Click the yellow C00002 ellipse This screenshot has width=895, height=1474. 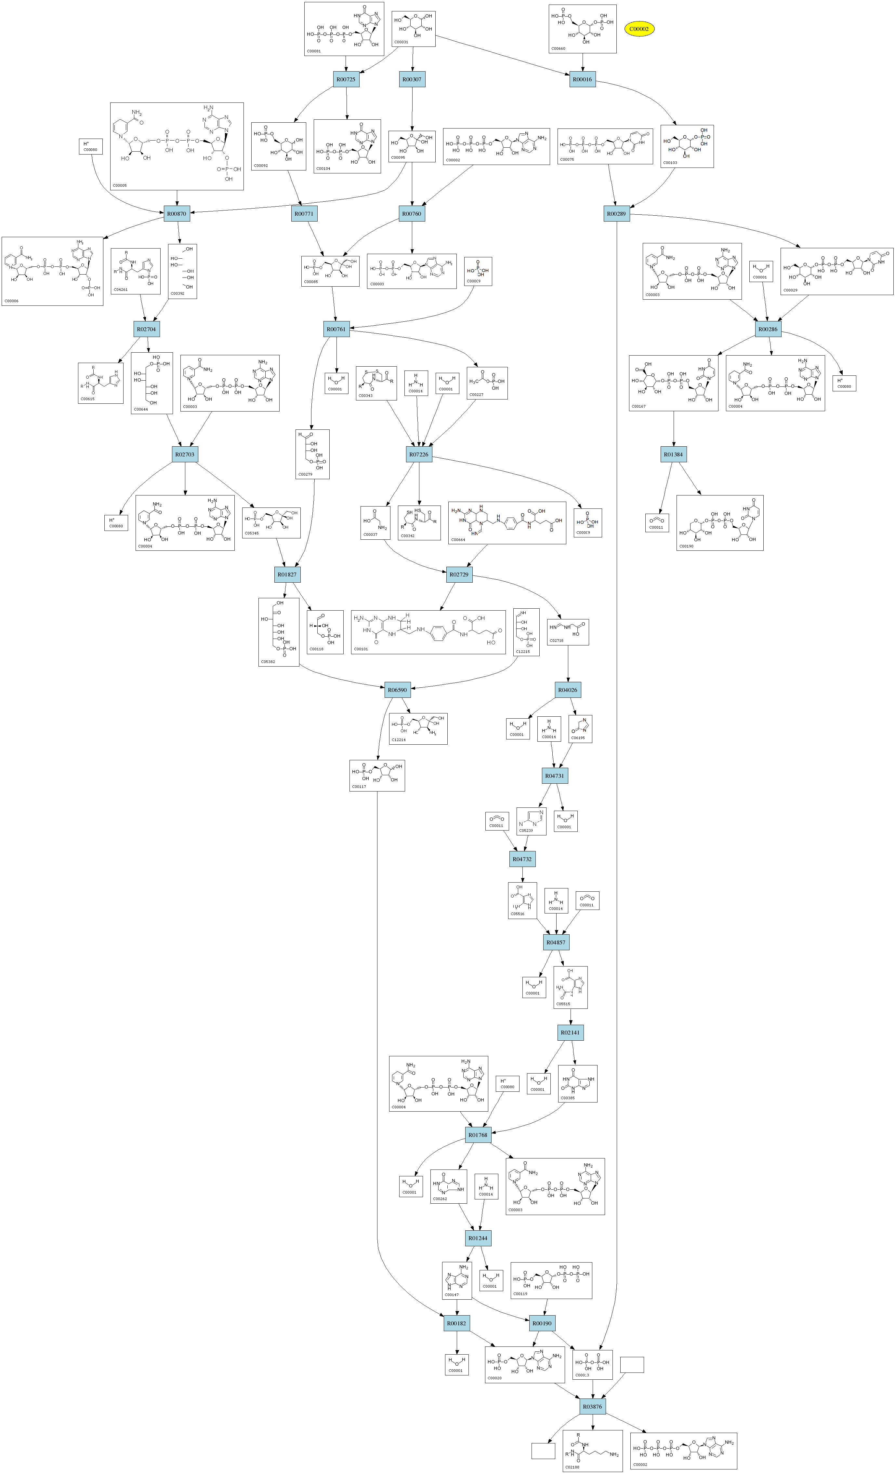pyautogui.click(x=639, y=29)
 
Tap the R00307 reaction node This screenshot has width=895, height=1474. pyautogui.click(x=412, y=80)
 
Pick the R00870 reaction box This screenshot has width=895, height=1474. pyautogui.click(x=177, y=213)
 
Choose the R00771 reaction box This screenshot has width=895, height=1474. pyautogui.click(x=304, y=213)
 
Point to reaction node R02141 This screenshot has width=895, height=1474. pyautogui.click(x=570, y=1033)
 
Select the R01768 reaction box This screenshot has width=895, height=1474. pyautogui.click(x=478, y=1135)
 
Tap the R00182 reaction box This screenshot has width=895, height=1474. pyautogui.click(x=457, y=1323)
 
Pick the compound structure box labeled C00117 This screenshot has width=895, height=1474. pyautogui.click(x=377, y=775)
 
